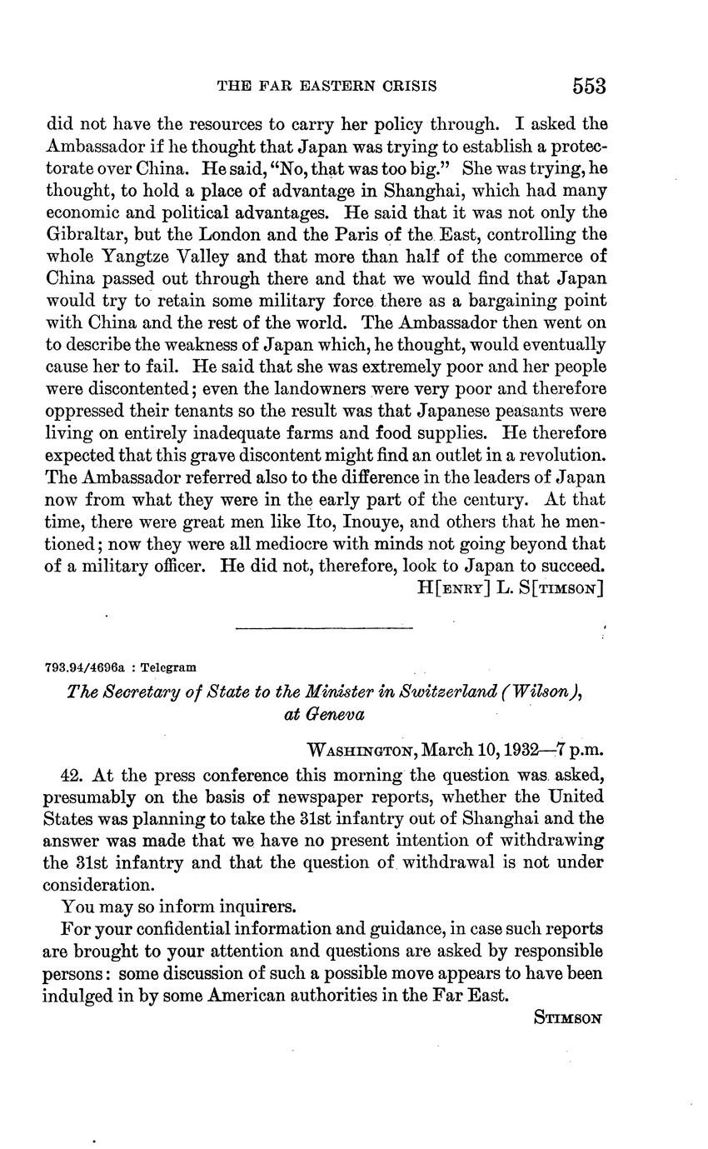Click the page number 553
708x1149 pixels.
tap(588, 86)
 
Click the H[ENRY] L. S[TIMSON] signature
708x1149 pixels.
tap(510, 588)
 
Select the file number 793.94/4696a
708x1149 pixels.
tap(87, 667)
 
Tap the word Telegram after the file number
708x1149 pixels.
tap(169, 667)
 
